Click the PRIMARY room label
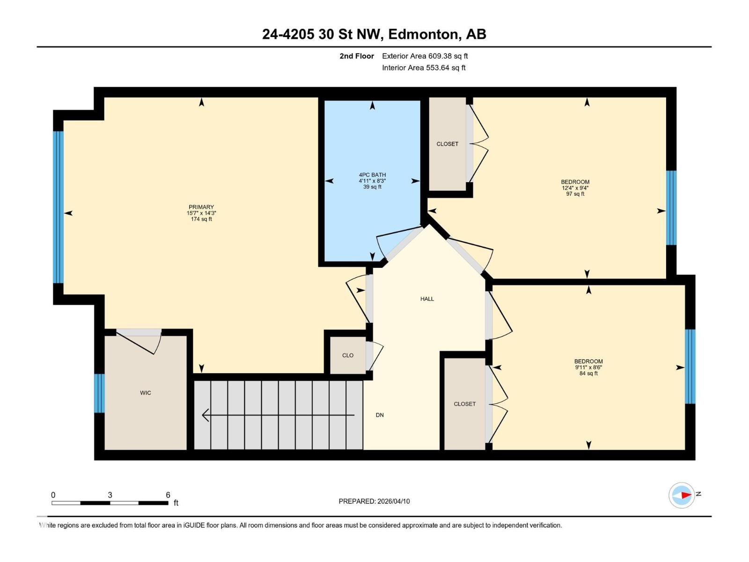pyautogui.click(x=201, y=207)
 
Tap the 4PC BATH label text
pyautogui.click(x=372, y=175)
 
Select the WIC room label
pyautogui.click(x=146, y=393)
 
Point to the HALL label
pyautogui.click(x=427, y=299)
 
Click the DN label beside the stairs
pyautogui.click(x=380, y=415)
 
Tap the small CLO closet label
pyautogui.click(x=348, y=355)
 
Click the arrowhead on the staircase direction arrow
pyautogui.click(x=205, y=415)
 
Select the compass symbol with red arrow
pyautogui.click(x=682, y=495)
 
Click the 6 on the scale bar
pyautogui.click(x=168, y=495)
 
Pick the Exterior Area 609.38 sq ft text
pyautogui.click(x=425, y=56)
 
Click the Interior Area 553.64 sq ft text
pyautogui.click(x=424, y=68)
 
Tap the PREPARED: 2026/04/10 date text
pyautogui.click(x=374, y=501)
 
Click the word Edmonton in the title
pyautogui.click(x=423, y=34)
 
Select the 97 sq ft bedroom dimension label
pyautogui.click(x=575, y=194)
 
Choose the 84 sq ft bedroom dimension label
pyautogui.click(x=588, y=373)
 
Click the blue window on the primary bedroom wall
pyautogui.click(x=58, y=207)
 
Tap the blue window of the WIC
pyautogui.click(x=99, y=393)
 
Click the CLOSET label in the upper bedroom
pyautogui.click(x=447, y=144)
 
